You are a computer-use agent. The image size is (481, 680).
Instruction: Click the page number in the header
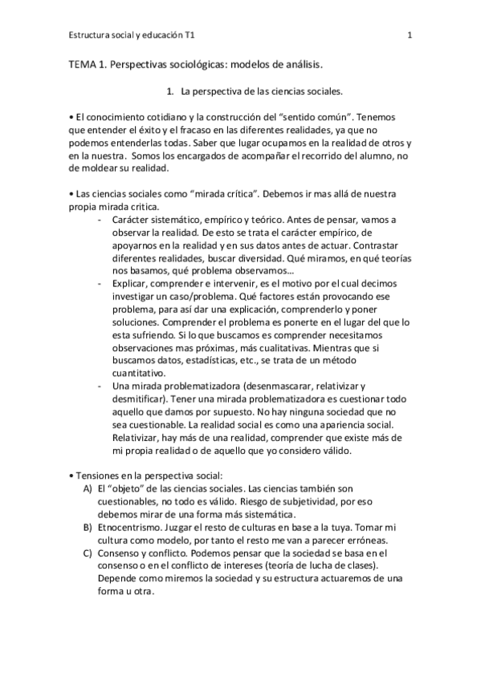[x=410, y=35]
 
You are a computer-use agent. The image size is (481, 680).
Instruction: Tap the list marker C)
[x=87, y=552]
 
